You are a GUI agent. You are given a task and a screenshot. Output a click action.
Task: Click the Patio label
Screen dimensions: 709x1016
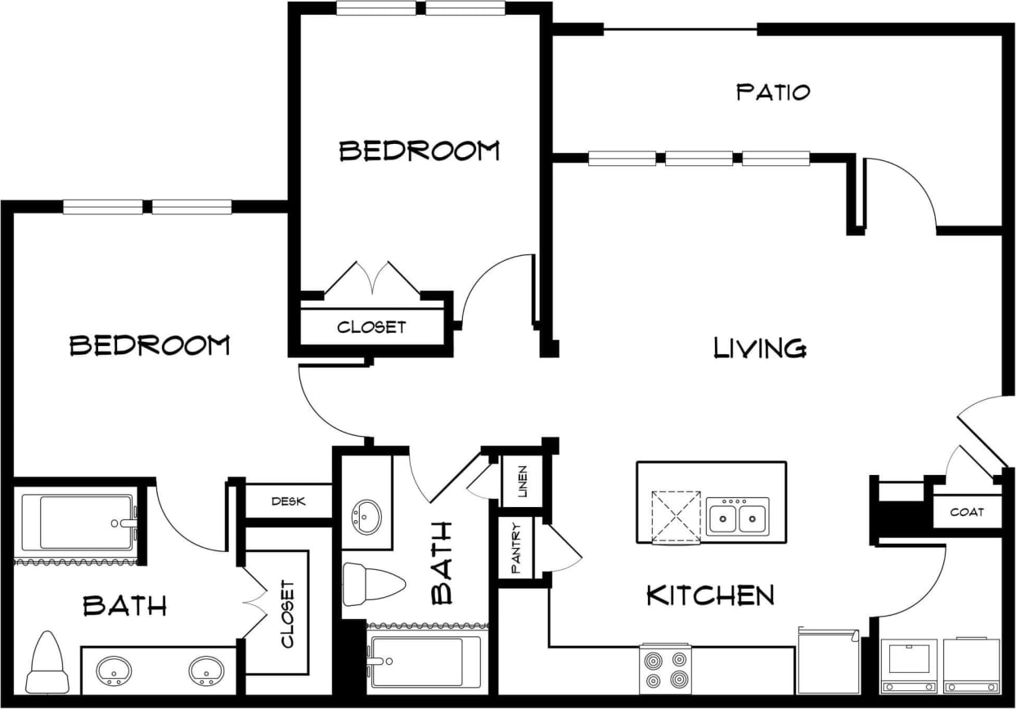coord(773,91)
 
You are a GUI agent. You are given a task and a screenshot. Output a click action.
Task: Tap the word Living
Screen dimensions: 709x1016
coord(760,348)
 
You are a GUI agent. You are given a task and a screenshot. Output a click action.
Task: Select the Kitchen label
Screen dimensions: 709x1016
coord(710,595)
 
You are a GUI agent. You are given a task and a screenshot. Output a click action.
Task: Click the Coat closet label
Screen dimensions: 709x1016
coord(966,513)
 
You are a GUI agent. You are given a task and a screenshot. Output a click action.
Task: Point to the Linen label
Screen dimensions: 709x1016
coord(523,482)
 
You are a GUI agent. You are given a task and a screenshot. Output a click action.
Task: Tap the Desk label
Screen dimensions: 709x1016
coord(288,501)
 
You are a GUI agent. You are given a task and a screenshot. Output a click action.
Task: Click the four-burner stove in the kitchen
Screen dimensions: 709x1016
coord(664,668)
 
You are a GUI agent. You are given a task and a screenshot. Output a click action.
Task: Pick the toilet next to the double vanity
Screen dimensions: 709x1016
coord(47,662)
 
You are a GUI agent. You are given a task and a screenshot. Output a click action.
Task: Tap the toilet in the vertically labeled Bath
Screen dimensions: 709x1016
coord(373,584)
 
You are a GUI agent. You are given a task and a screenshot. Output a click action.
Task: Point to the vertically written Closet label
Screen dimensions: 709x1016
coord(287,613)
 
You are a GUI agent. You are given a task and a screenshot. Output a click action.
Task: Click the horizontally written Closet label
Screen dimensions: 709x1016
coord(371,327)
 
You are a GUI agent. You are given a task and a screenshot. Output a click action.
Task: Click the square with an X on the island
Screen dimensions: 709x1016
coord(676,516)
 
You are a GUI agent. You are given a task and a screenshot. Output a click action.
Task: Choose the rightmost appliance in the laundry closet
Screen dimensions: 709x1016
coord(971,665)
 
